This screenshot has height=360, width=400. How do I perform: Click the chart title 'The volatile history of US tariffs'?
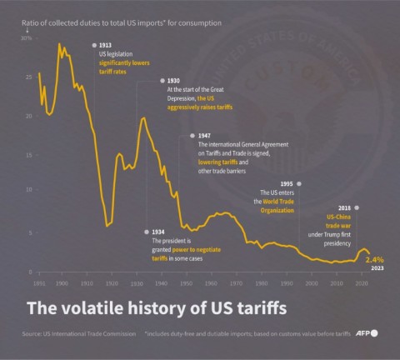(157, 309)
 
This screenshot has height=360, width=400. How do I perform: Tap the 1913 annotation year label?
(105, 44)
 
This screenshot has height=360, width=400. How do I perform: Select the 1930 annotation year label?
(173, 81)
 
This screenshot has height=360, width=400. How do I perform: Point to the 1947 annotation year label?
(205, 135)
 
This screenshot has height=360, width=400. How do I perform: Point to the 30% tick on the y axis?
(27, 38)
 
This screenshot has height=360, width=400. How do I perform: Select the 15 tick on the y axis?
(28, 152)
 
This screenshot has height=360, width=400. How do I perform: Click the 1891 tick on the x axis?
(38, 284)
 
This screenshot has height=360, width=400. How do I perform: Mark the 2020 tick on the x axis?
(361, 284)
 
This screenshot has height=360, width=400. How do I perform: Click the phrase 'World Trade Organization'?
(275, 207)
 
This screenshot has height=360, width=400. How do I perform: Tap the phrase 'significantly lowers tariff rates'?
(122, 66)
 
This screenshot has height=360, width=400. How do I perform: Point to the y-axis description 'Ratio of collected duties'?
(67, 23)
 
